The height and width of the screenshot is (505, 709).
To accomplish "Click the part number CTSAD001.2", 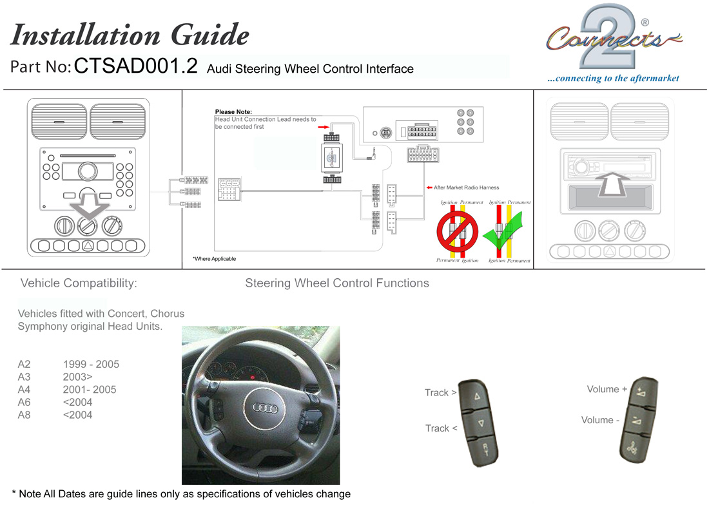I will (x=136, y=68).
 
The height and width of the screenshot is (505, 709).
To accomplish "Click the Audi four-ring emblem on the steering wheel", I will (x=264, y=407).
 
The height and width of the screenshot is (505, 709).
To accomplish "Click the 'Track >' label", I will (x=441, y=392).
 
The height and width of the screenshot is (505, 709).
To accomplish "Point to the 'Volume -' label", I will (x=601, y=420).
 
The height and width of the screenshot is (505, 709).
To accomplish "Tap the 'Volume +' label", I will (x=607, y=389).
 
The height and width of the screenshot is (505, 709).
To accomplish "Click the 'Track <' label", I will (x=441, y=428).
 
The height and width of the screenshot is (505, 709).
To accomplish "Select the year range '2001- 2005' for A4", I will (x=90, y=390).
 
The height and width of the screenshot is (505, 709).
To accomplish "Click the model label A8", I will (x=24, y=415).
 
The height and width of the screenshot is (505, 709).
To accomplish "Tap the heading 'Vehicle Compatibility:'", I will (x=79, y=283).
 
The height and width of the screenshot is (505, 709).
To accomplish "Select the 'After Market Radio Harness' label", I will (x=466, y=187).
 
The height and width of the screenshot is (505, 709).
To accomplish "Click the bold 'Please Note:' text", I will (x=233, y=112).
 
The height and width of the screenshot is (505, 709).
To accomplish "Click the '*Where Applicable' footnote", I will (x=214, y=259).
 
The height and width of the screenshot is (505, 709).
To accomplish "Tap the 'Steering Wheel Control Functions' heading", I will (x=336, y=283).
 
